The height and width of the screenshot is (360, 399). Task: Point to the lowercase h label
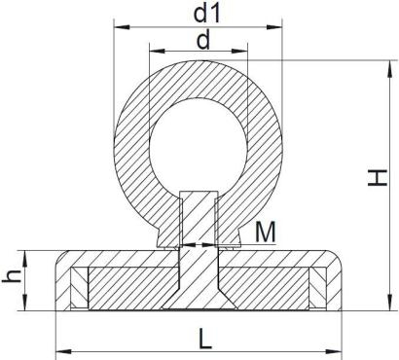point(12,277)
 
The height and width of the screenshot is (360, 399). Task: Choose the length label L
point(205,339)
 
